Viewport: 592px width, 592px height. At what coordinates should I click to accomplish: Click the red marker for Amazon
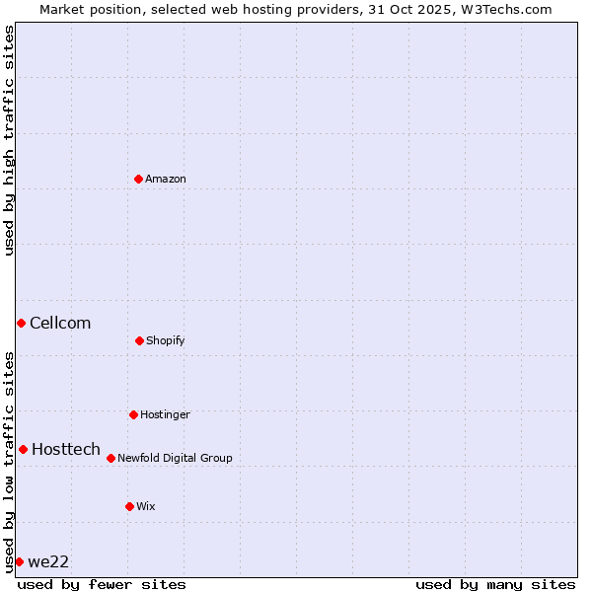click(139, 179)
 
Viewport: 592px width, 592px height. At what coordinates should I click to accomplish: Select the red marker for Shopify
click(139, 340)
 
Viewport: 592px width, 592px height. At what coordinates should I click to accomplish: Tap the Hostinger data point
click(133, 414)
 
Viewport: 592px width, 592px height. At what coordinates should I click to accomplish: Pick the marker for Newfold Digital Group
click(111, 458)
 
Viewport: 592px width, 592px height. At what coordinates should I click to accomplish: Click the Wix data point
click(129, 506)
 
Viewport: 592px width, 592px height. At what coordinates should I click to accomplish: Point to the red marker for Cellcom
click(21, 323)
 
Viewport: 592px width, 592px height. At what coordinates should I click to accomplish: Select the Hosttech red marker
click(23, 449)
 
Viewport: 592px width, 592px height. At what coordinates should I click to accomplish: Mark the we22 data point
click(19, 561)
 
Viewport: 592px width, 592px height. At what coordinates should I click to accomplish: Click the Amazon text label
click(166, 179)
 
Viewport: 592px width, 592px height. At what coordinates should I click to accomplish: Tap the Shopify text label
click(166, 340)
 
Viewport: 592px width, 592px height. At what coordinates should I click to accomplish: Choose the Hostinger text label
click(165, 414)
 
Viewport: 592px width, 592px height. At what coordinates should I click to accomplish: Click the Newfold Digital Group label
click(175, 458)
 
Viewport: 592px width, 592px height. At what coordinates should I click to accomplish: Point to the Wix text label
click(146, 506)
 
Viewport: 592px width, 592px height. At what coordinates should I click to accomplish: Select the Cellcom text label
click(60, 323)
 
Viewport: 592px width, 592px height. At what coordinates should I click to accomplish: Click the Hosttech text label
click(66, 449)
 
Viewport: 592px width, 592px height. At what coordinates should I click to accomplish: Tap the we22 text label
click(48, 561)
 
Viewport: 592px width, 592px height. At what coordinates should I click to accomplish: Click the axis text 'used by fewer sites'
click(102, 584)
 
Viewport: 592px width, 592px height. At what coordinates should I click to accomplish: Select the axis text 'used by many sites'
click(495, 584)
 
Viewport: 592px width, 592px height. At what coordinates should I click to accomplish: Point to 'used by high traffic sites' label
click(9, 140)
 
